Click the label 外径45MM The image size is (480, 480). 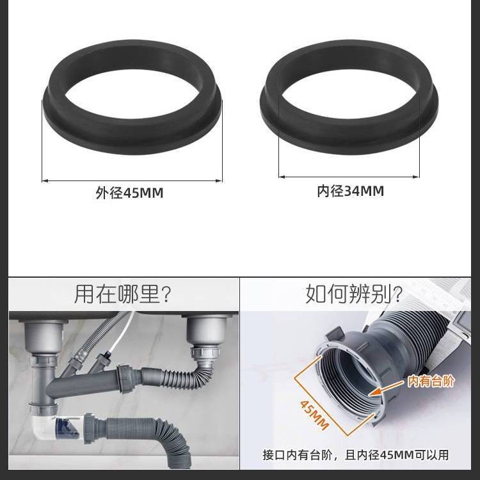click(x=129, y=193)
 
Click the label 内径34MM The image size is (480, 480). click(x=350, y=191)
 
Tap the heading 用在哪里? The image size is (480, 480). click(x=122, y=294)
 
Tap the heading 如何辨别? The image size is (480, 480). click(x=354, y=294)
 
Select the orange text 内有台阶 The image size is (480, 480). click(x=431, y=381)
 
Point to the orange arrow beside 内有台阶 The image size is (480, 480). click(x=387, y=388)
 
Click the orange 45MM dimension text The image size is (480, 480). click(x=314, y=415)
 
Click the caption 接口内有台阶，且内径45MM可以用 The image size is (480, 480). click(x=355, y=455)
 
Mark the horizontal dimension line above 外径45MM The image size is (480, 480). click(x=132, y=180)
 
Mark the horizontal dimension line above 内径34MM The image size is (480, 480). click(x=349, y=177)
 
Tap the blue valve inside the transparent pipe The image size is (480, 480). click(x=66, y=426)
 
